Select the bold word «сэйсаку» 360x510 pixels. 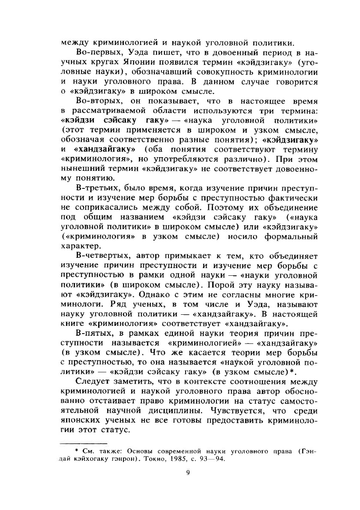click(x=119, y=120)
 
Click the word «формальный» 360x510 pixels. click(x=289, y=237)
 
